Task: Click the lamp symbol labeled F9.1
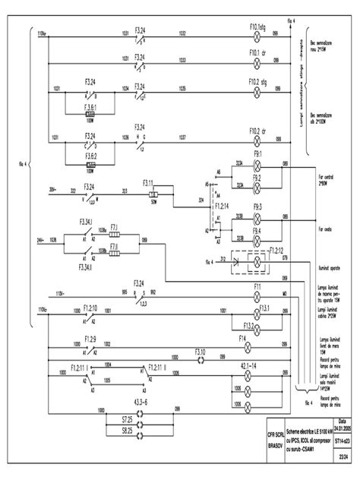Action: click(x=257, y=163)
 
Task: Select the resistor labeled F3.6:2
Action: click(x=90, y=163)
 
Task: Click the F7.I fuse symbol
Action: click(x=113, y=233)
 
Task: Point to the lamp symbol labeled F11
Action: click(x=256, y=292)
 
